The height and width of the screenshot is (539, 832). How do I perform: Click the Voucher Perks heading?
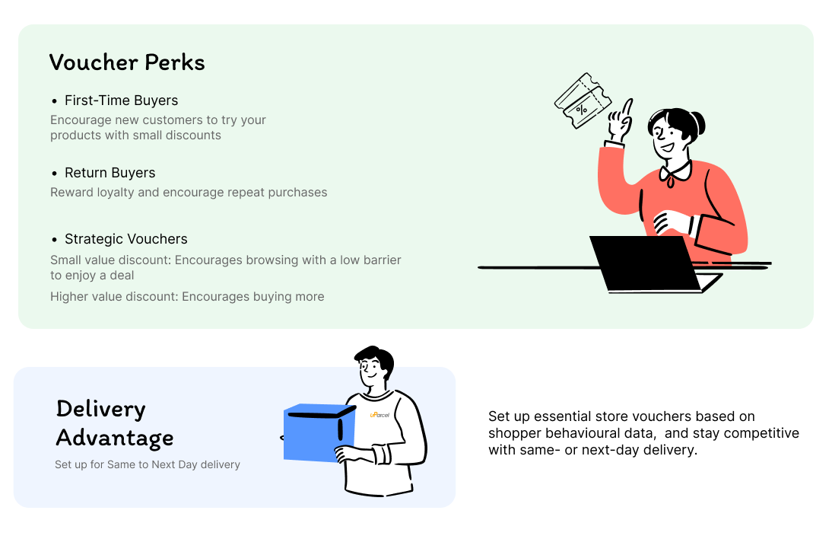coord(127,62)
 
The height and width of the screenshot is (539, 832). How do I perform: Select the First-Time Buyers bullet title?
coord(121,100)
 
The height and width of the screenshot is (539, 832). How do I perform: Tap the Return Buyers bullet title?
coord(110,173)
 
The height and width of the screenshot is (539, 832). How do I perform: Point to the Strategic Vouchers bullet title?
coord(125,239)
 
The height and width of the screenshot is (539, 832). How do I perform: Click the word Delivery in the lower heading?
coord(100,409)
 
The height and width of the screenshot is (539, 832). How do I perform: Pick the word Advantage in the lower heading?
coord(115,439)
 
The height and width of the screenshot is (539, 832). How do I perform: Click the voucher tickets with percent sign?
coord(583,100)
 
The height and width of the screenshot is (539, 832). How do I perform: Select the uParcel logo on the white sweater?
coord(379,415)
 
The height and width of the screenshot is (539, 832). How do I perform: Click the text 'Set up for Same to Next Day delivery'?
coord(148,464)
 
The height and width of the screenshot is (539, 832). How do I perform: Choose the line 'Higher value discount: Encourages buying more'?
coord(187,297)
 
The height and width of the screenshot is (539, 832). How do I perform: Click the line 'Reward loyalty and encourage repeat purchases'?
coord(189,193)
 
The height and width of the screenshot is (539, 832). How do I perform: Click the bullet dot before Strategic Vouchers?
coord(54,240)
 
